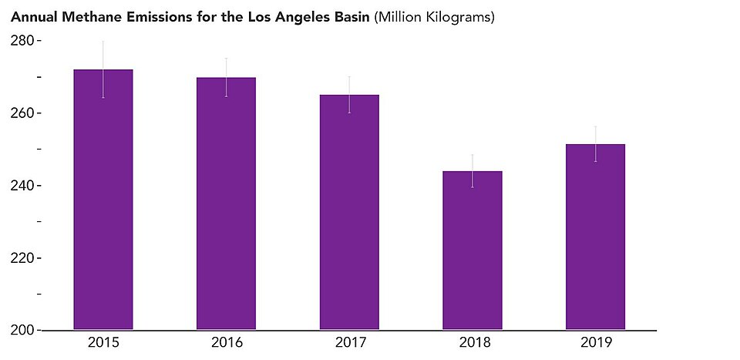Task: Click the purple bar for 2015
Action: click(103, 199)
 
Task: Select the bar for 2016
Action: click(226, 204)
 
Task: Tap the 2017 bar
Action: click(349, 212)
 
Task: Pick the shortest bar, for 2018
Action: click(473, 250)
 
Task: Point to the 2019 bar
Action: click(596, 237)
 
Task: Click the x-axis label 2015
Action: click(103, 342)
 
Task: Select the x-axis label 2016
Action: click(227, 342)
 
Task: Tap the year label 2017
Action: click(351, 342)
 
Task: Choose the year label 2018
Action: click(474, 342)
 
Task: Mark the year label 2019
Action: click(597, 342)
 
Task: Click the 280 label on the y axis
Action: click(22, 41)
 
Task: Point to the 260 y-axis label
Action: click(22, 114)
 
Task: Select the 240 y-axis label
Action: click(22, 186)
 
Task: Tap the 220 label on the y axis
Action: click(22, 258)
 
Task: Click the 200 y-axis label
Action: click(22, 331)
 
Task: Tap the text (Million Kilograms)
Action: click(434, 18)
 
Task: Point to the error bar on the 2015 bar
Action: click(103, 69)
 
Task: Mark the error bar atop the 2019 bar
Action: click(596, 144)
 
